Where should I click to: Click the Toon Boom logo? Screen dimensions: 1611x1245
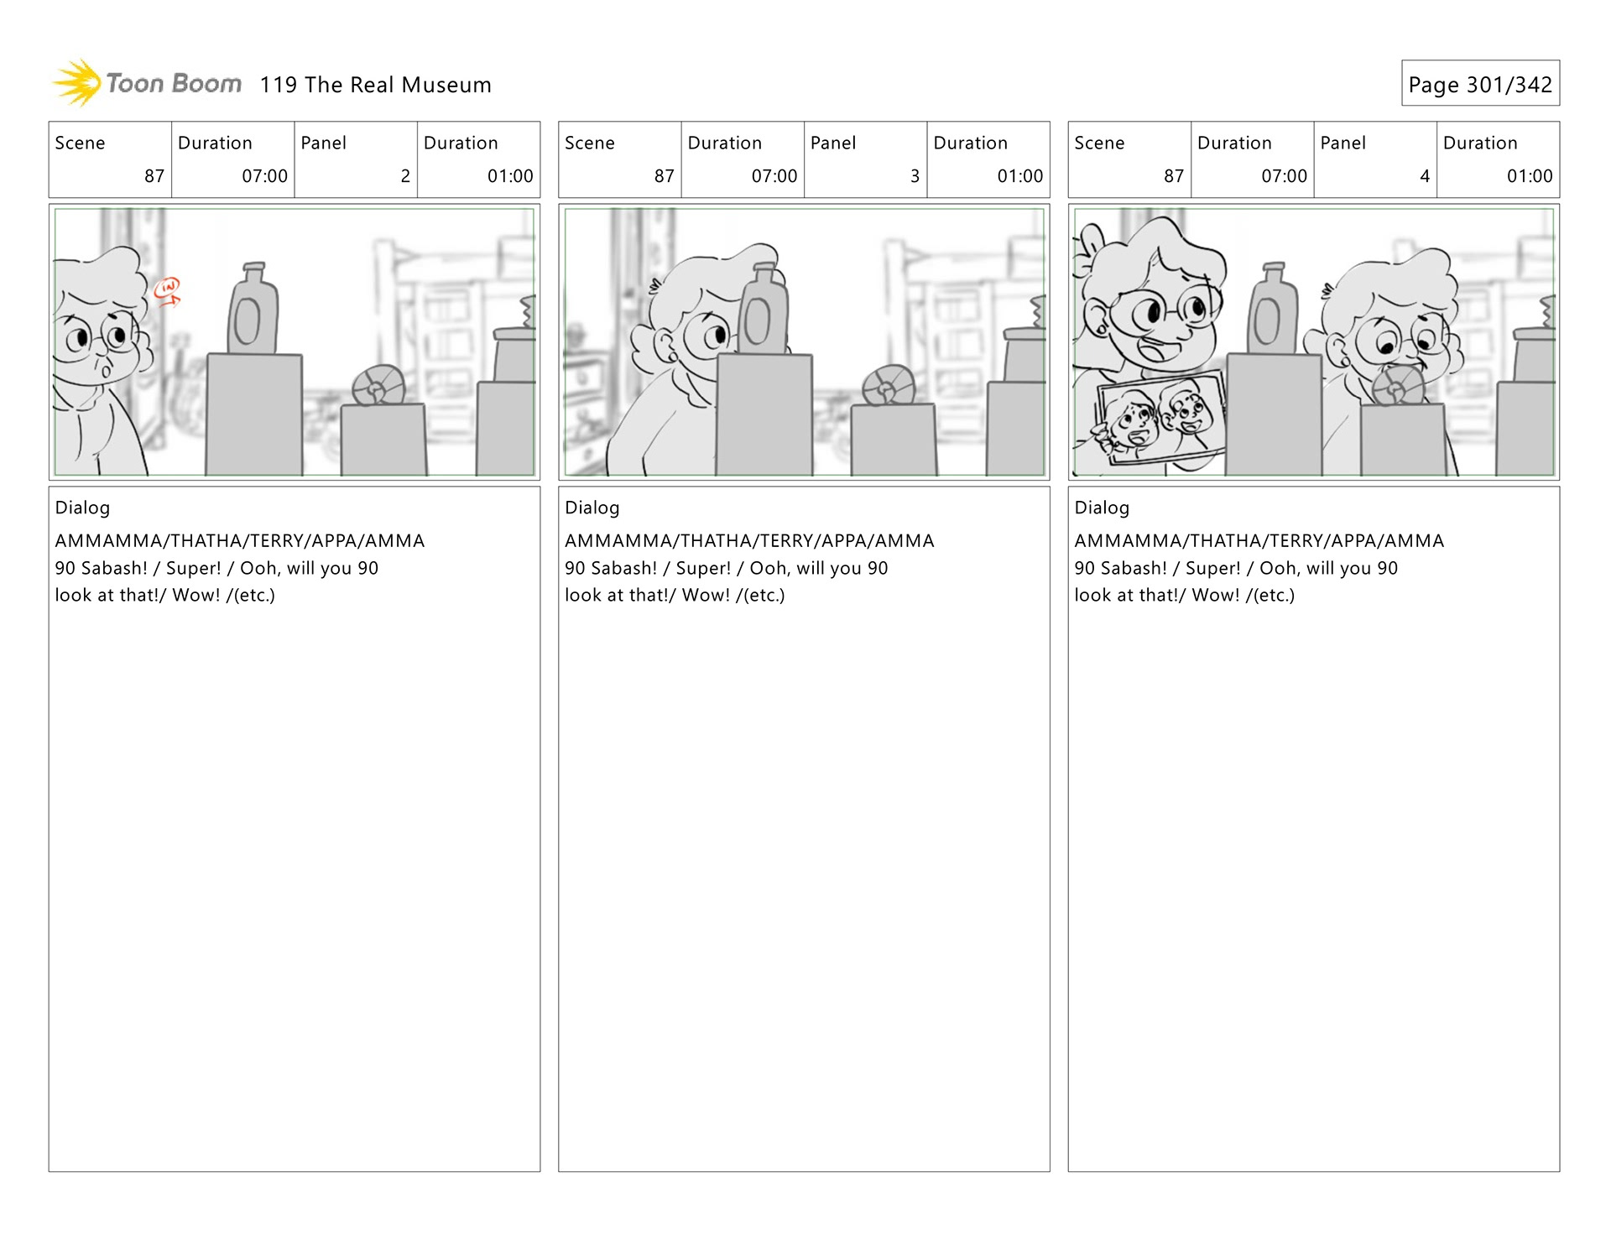click(147, 83)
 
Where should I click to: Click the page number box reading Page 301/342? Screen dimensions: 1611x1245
click(1479, 84)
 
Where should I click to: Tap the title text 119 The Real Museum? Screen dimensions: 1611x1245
click(375, 85)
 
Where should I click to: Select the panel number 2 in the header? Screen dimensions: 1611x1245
click(405, 176)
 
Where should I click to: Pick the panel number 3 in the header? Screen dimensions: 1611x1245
click(915, 176)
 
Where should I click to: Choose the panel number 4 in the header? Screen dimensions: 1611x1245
click(1424, 176)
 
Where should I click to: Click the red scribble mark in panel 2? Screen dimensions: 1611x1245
click(168, 291)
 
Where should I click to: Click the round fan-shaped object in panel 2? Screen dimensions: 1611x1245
click(378, 388)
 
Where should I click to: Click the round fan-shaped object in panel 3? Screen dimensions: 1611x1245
click(888, 386)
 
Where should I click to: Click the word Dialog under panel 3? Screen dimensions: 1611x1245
click(592, 508)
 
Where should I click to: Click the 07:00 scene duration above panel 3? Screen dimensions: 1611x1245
click(774, 176)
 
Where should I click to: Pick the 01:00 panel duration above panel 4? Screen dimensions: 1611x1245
click(1529, 176)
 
